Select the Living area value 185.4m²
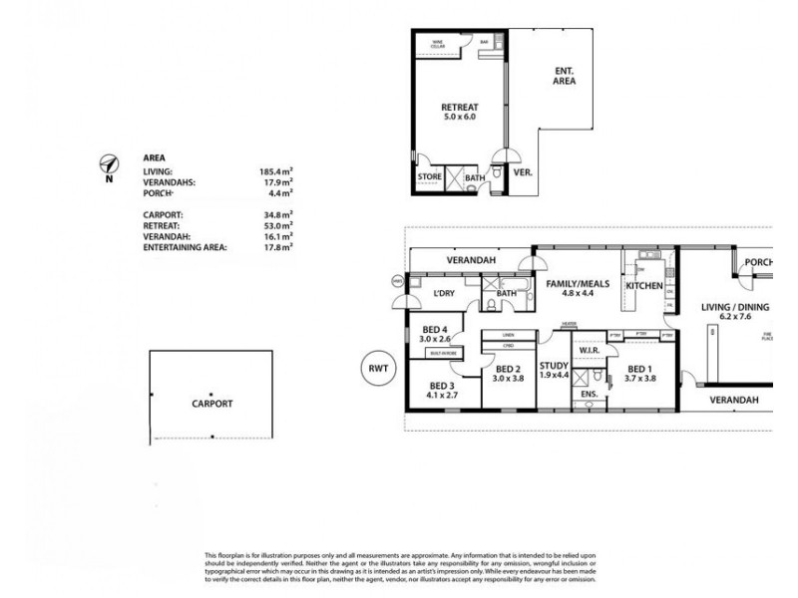[275, 172]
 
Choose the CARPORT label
[211, 405]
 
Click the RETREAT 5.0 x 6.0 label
[462, 112]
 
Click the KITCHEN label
[644, 287]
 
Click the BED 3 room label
[444, 390]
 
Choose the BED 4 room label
[436, 334]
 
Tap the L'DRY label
[445, 293]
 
